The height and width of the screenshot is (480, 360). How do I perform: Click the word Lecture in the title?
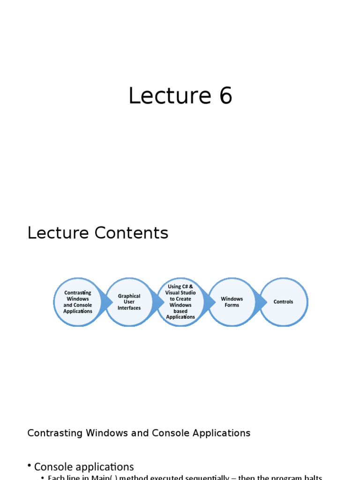pos(164,96)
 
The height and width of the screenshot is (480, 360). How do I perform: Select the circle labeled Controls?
pos(284,302)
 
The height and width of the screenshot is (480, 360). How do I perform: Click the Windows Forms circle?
pos(232,302)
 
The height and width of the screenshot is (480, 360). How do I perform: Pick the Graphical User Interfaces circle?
pos(129,302)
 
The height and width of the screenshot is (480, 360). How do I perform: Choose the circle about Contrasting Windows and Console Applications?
pos(77,302)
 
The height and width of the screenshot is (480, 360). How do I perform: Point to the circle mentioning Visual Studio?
pos(180,302)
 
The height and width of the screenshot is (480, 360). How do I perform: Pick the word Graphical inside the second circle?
pos(129,296)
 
